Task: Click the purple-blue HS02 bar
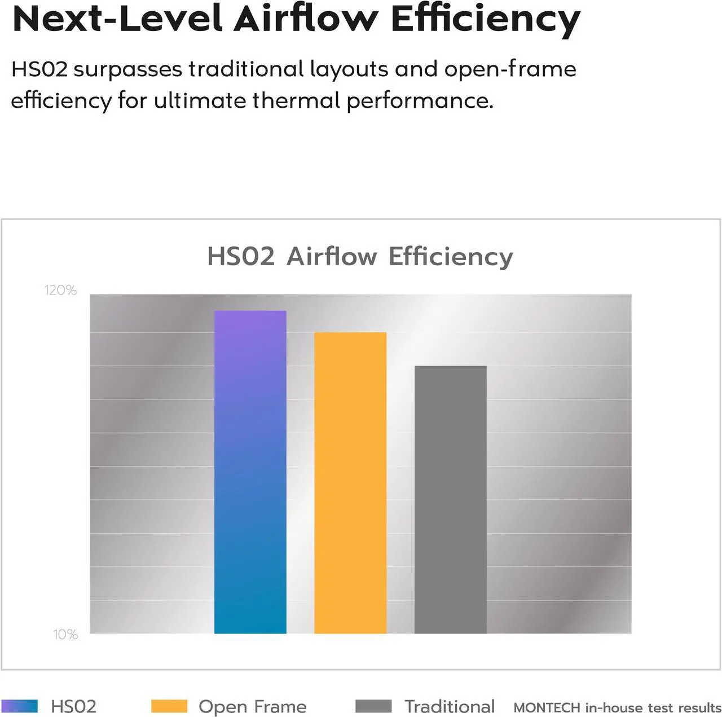click(x=250, y=472)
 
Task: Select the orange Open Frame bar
click(x=350, y=482)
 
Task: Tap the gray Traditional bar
click(x=450, y=499)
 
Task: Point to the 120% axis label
click(x=60, y=290)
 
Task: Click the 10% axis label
click(x=65, y=635)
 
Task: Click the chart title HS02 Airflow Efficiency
click(x=360, y=256)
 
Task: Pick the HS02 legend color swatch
click(x=20, y=706)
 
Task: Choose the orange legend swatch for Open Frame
click(x=169, y=706)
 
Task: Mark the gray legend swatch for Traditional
click(x=373, y=706)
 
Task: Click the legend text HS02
click(x=73, y=706)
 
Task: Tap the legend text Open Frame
click(x=252, y=706)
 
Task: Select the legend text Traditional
click(x=450, y=706)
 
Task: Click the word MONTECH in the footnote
click(x=547, y=707)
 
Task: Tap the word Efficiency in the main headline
click(x=485, y=19)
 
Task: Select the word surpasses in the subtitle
click(x=128, y=69)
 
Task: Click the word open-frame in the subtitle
click(x=510, y=69)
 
